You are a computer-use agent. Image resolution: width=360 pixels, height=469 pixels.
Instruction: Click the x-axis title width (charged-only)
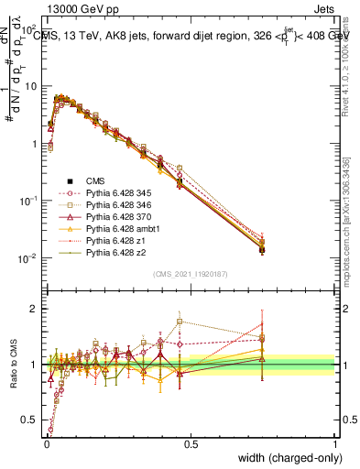pyautogui.click(x=285, y=458)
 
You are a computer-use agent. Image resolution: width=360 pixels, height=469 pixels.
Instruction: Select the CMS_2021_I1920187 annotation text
pyautogui.click(x=191, y=274)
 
